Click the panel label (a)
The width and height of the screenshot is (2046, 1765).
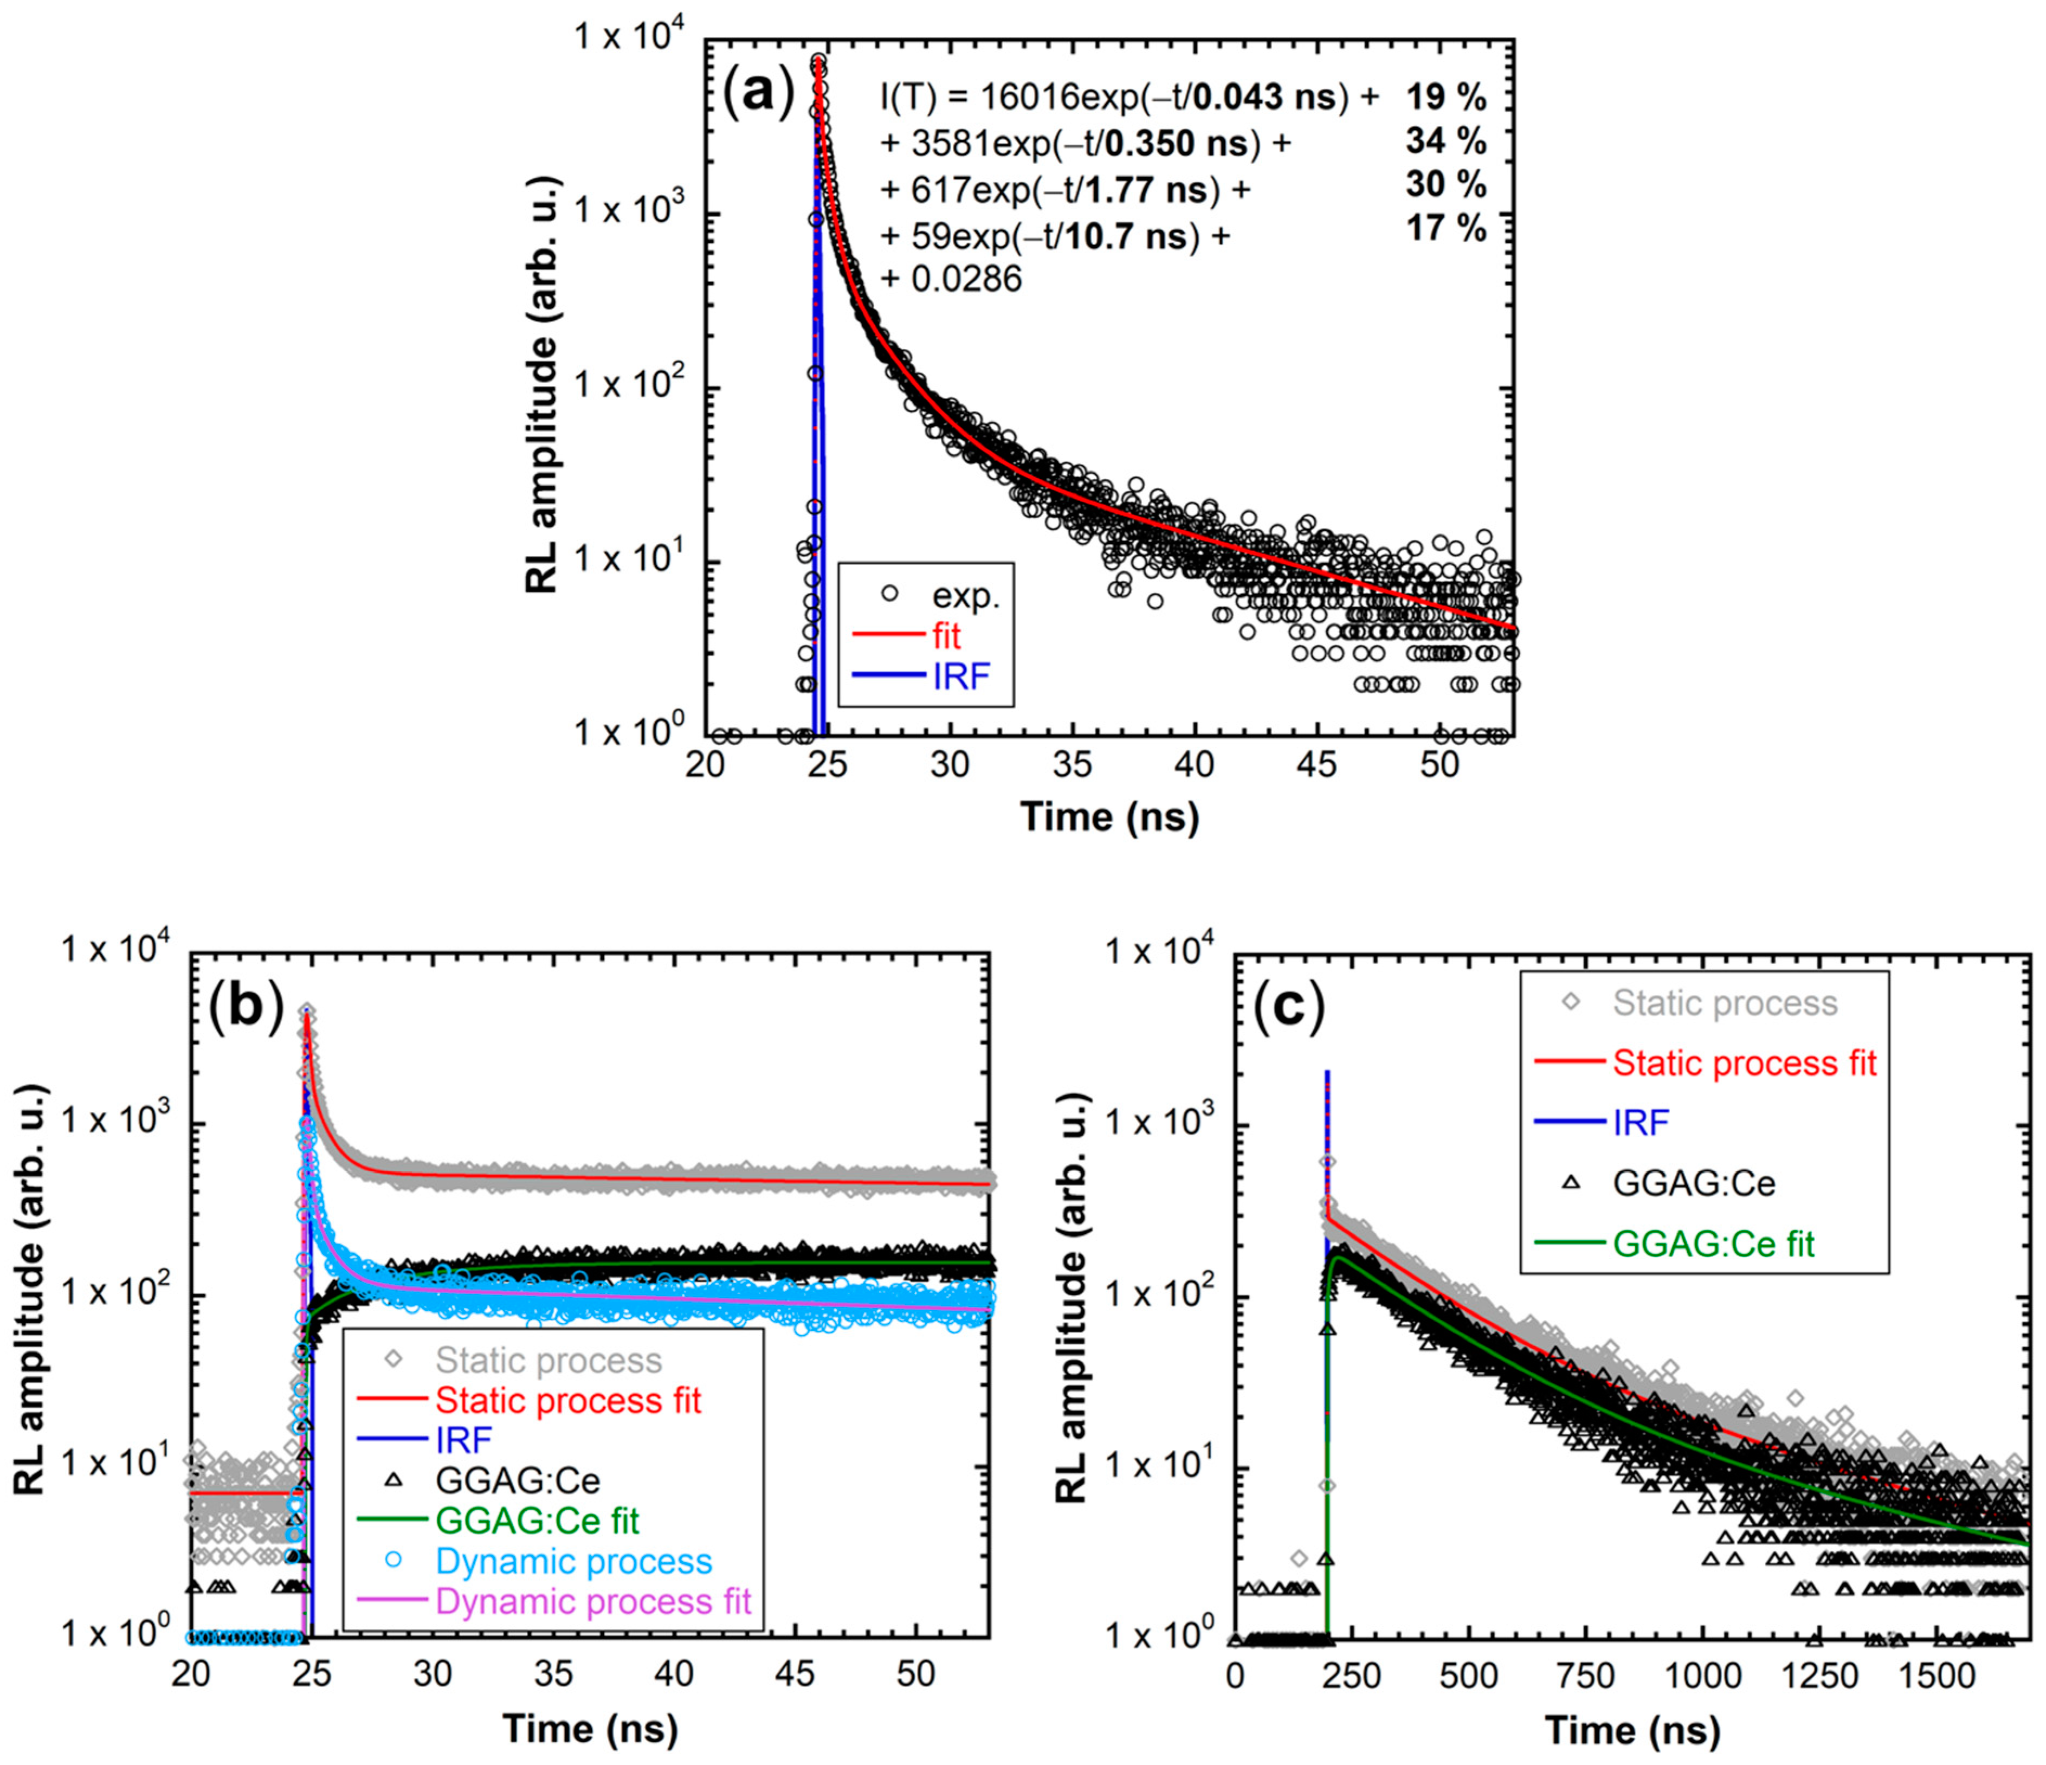click(x=758, y=96)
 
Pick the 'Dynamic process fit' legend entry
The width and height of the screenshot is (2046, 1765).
click(x=592, y=1601)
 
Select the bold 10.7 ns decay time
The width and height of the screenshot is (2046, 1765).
click(x=1145, y=237)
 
